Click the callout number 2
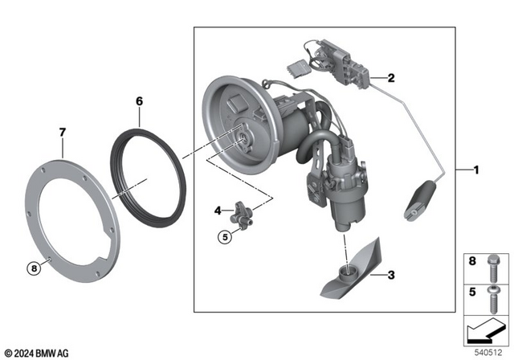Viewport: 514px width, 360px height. point(391,79)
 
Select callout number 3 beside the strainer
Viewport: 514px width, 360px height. point(391,276)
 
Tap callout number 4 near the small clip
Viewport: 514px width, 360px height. point(218,211)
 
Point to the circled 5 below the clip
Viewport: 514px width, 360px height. point(226,236)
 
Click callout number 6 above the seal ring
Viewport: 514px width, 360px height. point(139,101)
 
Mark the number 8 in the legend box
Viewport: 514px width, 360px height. point(471,260)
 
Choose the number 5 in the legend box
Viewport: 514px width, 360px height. point(471,292)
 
